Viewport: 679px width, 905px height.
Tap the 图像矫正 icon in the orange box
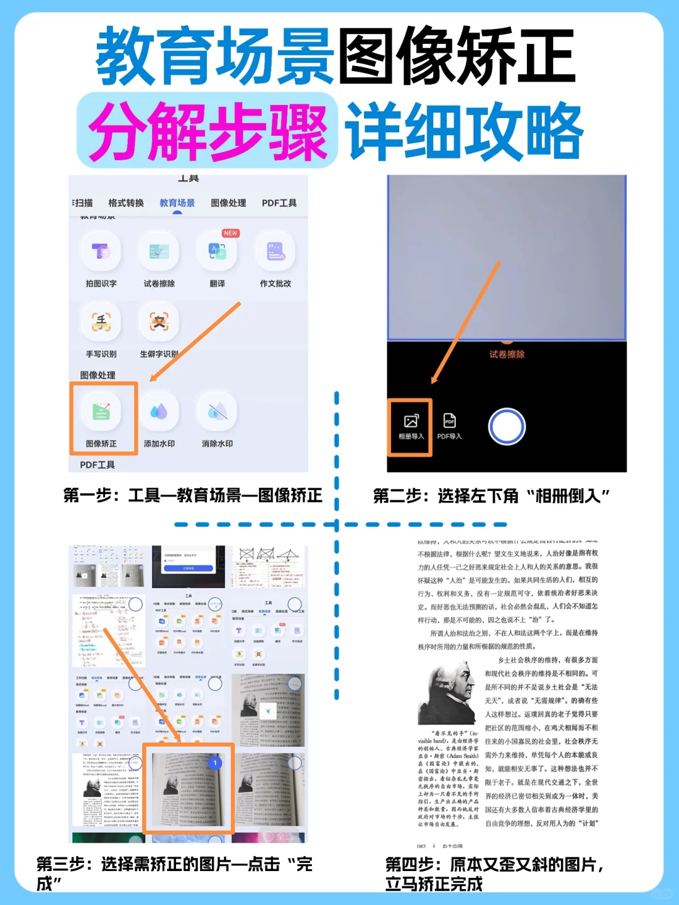coord(101,412)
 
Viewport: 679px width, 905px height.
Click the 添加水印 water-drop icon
coord(159,412)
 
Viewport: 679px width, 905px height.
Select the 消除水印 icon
coord(217,412)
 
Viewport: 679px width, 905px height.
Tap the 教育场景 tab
coord(177,203)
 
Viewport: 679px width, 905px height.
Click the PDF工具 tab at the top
coord(279,203)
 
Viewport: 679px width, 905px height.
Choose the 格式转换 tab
coord(126,203)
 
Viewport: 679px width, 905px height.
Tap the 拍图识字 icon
coord(101,251)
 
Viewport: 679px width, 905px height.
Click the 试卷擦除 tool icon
coord(159,251)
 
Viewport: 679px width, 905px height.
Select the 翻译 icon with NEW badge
coord(217,251)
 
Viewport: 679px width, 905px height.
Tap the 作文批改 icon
coord(275,251)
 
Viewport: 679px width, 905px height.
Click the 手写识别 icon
coord(101,322)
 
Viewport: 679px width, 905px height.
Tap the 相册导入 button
coord(411,426)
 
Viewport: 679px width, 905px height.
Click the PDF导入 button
coord(449,426)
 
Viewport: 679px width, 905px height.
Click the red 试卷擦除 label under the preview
coord(507,354)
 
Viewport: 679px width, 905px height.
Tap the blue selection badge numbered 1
coord(215,762)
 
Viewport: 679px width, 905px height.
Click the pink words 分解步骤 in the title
coord(207,132)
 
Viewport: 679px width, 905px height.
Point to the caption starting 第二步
coord(491,496)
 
